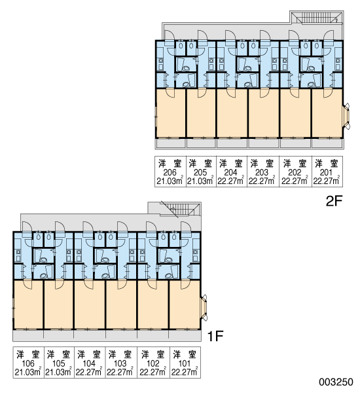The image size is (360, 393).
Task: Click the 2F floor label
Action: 334,201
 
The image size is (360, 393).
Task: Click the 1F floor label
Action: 215,336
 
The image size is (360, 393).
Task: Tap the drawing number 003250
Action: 336,382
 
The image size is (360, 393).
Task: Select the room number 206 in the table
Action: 170,172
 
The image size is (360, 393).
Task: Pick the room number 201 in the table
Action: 326,172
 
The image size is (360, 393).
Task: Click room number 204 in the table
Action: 230,172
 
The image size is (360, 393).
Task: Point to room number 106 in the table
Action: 27,363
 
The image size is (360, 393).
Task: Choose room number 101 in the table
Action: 185,363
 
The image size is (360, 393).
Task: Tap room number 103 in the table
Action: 120,363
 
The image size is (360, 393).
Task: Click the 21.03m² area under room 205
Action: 200,181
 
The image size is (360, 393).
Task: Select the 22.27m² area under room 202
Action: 295,181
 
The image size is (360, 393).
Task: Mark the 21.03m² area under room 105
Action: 59,371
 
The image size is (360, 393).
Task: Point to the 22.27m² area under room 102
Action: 153,371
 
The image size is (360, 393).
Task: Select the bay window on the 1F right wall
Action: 204,308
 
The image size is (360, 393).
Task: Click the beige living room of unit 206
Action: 171,113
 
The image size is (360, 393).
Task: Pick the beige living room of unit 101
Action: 185,305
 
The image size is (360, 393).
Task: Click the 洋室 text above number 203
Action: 262,164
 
